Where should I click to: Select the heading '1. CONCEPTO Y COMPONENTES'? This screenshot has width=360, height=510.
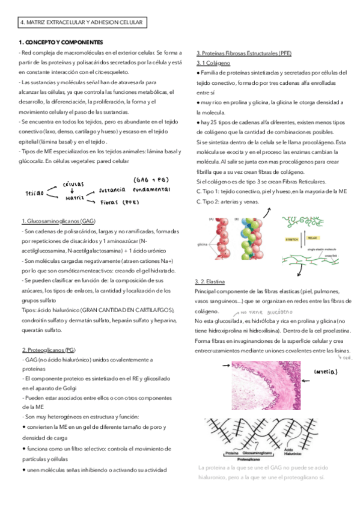[x=60, y=42]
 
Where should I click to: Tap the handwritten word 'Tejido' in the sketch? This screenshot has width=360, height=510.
[x=35, y=194]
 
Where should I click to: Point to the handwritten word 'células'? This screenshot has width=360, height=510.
[x=73, y=184]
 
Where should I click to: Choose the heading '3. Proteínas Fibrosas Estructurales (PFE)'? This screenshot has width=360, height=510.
[x=244, y=54]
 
